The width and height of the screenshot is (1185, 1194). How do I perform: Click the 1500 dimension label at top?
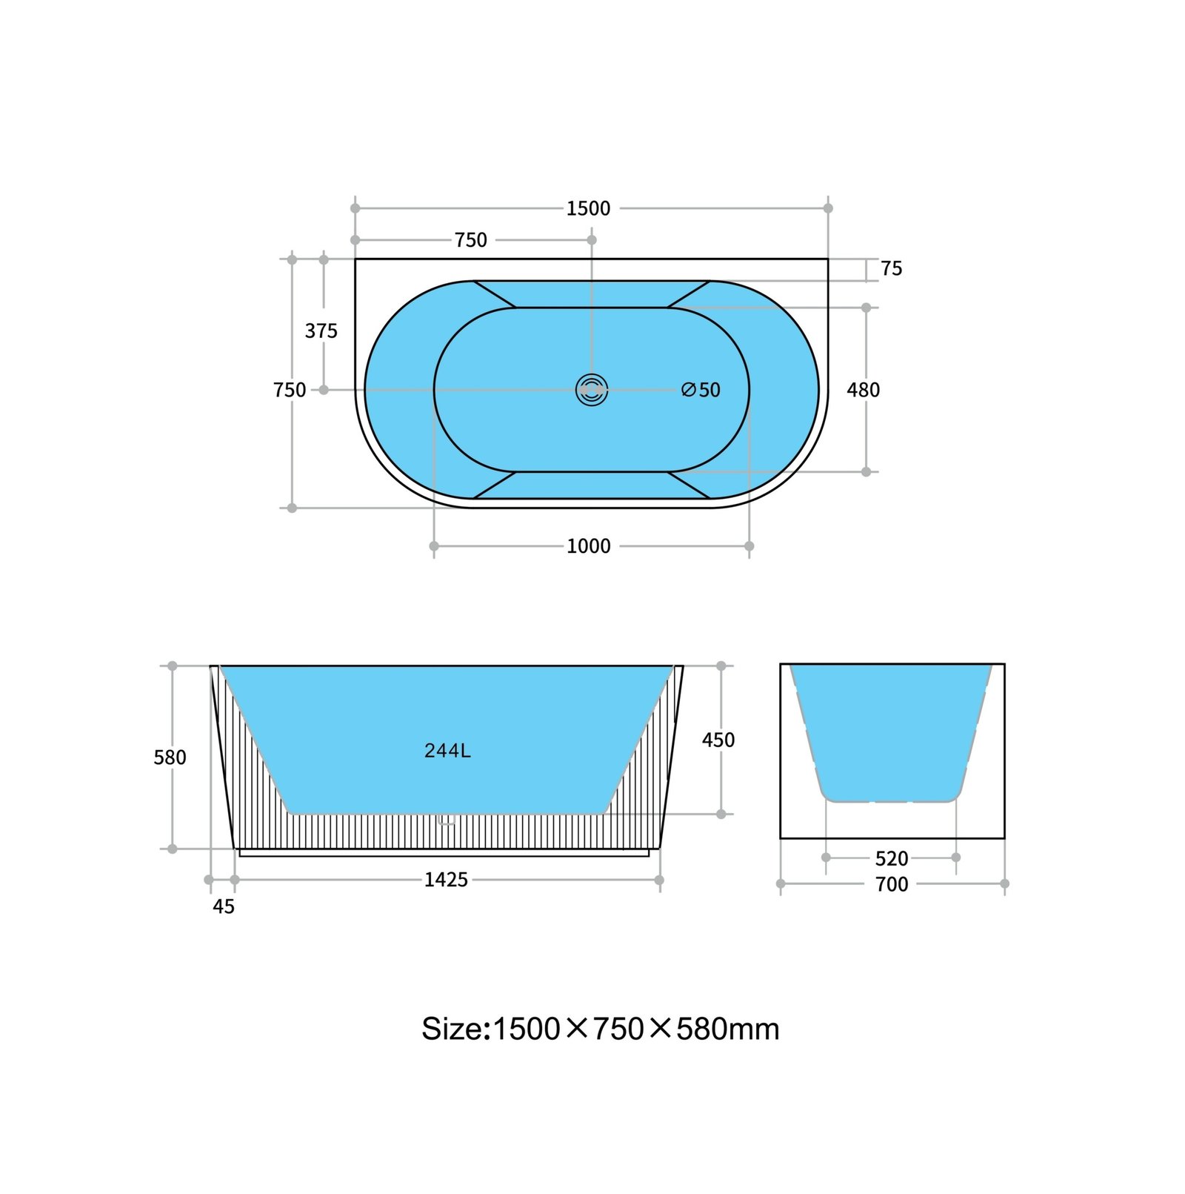(x=589, y=208)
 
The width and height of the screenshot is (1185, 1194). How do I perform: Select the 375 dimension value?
(x=321, y=331)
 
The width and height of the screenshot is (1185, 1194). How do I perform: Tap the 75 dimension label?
(x=892, y=268)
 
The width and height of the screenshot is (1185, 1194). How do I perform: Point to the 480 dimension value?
(x=864, y=390)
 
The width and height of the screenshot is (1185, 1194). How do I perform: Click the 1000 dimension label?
(x=589, y=546)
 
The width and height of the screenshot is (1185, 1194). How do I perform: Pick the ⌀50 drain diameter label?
(x=701, y=390)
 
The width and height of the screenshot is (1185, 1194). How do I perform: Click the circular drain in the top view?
(x=592, y=390)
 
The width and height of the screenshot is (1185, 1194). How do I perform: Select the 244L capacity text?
(x=447, y=751)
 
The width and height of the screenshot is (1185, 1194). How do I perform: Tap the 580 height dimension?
(x=170, y=757)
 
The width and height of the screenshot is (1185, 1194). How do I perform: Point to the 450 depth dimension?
(x=718, y=740)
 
